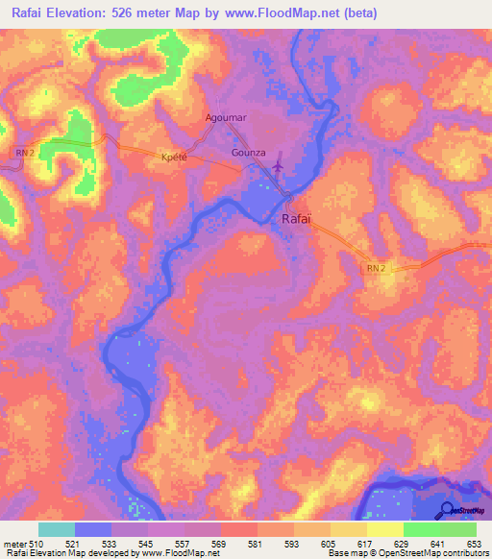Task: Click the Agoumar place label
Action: point(226,117)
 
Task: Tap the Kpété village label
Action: point(174,155)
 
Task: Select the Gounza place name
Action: point(247,153)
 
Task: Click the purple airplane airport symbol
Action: point(279,165)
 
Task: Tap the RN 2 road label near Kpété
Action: point(25,152)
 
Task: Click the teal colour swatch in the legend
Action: point(57,529)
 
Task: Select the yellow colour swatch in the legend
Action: point(385,529)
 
